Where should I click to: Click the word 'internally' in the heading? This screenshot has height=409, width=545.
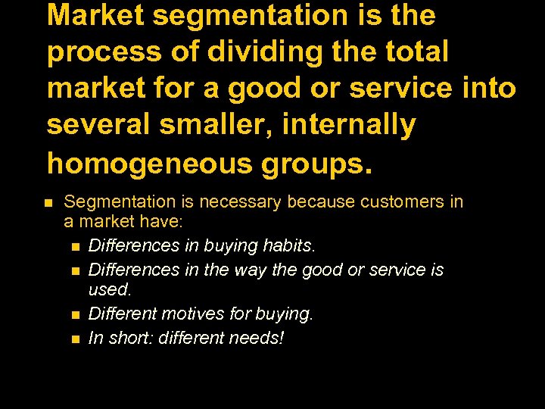pos(349,125)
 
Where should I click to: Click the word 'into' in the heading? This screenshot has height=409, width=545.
pos(485,89)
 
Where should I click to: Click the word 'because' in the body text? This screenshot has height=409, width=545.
pos(319,202)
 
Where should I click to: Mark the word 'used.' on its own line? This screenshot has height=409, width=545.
pos(110,289)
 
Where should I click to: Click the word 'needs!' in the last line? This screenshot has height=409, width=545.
pos(258,338)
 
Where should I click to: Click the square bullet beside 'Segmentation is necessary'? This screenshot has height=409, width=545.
pos(48,203)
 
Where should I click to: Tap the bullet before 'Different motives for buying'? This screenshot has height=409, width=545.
pos(76,314)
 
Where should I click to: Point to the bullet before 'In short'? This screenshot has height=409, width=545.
pos(76,338)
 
